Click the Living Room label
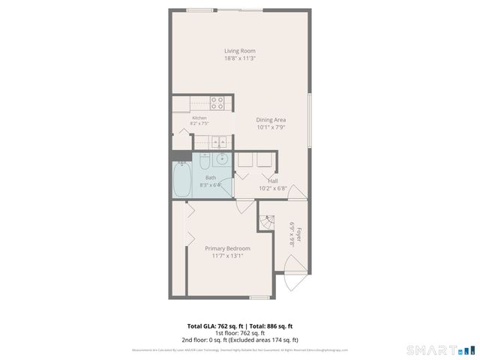click(x=239, y=51)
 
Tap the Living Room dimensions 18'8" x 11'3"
click(x=239, y=58)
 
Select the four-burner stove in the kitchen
click(x=217, y=103)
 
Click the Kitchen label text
click(x=199, y=118)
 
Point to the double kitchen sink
click(x=217, y=140)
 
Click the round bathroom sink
click(x=222, y=159)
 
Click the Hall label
click(x=273, y=180)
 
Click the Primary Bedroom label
click(x=227, y=248)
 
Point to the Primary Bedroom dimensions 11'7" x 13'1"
click(x=227, y=256)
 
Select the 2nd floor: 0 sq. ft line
click(x=239, y=340)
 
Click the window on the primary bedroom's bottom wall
click(x=259, y=298)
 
